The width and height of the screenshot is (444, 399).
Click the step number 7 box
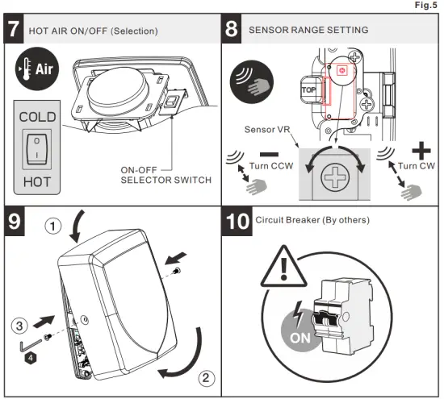14,30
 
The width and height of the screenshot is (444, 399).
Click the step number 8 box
233,30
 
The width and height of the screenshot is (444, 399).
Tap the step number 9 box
15,221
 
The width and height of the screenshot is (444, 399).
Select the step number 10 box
238,222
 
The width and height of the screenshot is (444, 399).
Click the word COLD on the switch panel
37,116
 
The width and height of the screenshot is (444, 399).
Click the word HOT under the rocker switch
37,182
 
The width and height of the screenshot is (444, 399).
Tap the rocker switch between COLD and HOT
37,149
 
